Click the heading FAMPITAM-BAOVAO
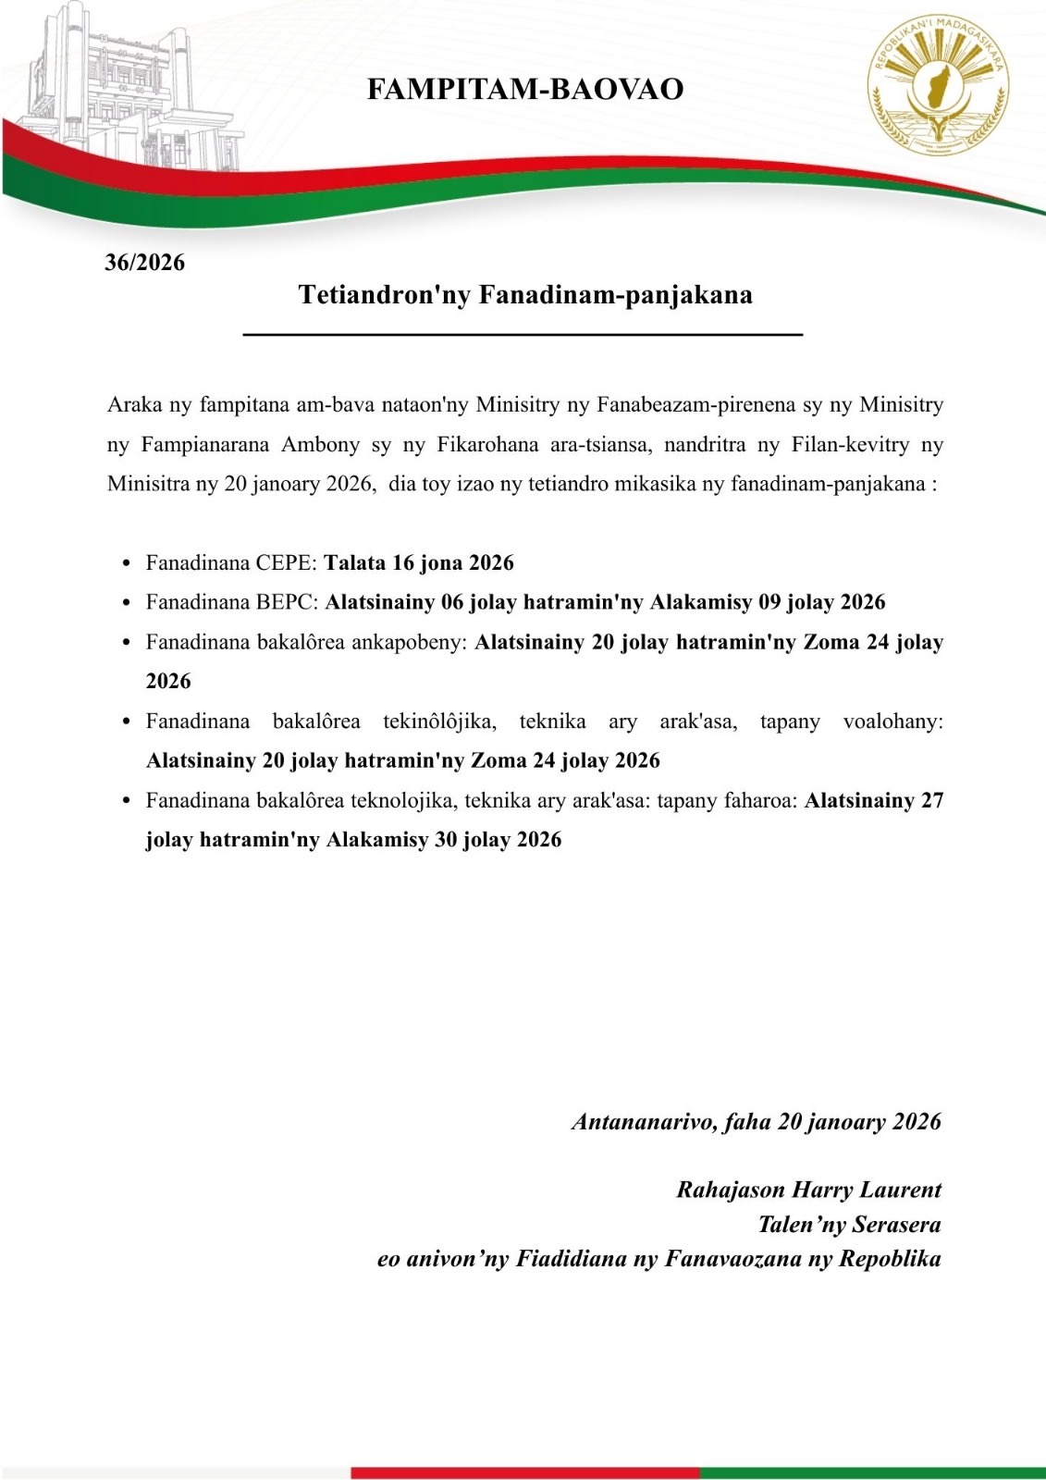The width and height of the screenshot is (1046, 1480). (x=525, y=90)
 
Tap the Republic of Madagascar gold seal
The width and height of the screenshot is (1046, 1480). (x=938, y=87)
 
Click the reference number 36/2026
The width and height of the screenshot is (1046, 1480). (x=144, y=263)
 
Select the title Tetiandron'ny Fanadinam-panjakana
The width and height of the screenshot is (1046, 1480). (x=525, y=295)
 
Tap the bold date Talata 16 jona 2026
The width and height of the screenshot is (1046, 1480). (x=419, y=563)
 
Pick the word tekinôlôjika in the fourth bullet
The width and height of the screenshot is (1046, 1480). (x=439, y=721)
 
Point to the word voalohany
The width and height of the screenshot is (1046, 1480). (x=892, y=721)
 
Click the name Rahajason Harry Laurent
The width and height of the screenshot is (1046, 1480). (x=808, y=1190)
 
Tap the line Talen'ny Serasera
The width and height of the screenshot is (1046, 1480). (x=849, y=1225)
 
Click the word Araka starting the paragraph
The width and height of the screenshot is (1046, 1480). (x=135, y=405)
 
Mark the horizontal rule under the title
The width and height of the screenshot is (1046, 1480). (x=523, y=334)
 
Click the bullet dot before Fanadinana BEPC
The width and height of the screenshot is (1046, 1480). (x=128, y=603)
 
